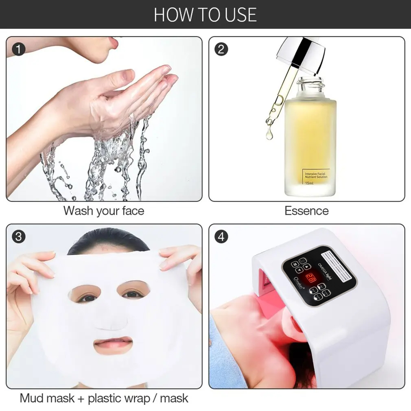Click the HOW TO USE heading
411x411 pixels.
[205, 14]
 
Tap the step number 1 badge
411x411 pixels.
[18, 49]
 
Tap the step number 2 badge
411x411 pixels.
[221, 49]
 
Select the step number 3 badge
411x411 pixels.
[18, 236]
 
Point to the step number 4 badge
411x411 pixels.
[221, 236]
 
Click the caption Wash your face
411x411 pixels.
[103, 211]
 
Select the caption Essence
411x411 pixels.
[306, 211]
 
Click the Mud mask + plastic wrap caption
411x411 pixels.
[104, 398]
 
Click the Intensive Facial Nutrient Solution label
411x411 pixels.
[316, 175]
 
